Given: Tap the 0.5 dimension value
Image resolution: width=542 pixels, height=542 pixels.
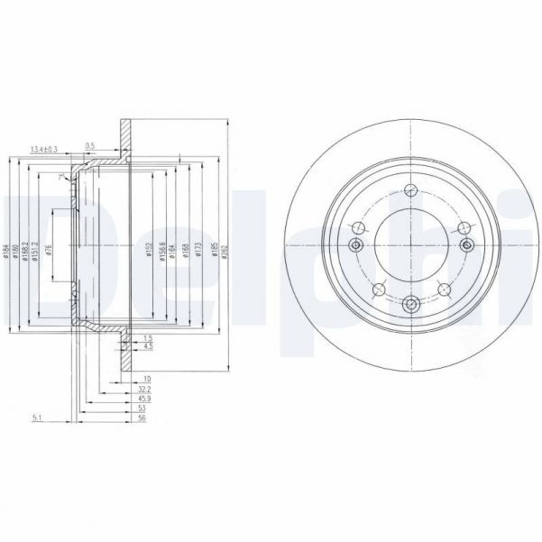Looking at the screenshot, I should tap(90, 145).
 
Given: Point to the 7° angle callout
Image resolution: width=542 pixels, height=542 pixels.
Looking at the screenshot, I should tap(60, 179).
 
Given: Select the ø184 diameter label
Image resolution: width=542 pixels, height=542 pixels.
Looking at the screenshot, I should tap(6, 253).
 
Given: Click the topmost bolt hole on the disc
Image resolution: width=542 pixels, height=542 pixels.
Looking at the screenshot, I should tap(410, 189).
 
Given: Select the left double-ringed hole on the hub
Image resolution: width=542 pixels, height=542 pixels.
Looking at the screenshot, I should tap(354, 245).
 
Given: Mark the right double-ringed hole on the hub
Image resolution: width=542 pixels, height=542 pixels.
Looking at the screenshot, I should tap(466, 245).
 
